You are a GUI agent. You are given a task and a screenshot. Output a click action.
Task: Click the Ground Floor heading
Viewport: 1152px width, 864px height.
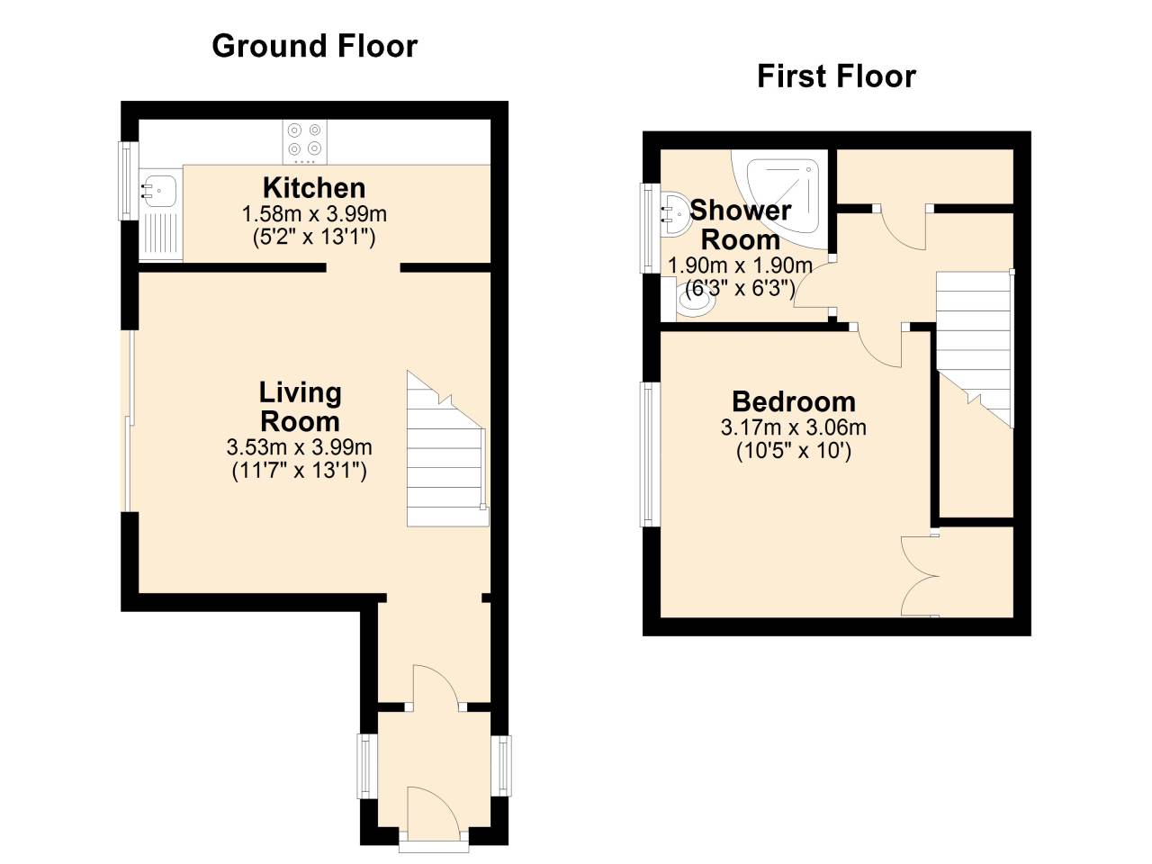click(x=314, y=47)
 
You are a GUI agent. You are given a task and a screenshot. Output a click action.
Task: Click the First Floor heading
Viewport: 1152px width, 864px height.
click(x=837, y=76)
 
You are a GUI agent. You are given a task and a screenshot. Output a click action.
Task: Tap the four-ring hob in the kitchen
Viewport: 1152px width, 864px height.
click(x=305, y=141)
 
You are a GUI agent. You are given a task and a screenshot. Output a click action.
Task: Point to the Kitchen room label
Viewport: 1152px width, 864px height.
click(x=314, y=187)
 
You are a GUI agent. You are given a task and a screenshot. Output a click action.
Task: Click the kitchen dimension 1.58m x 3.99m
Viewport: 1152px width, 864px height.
click(x=314, y=214)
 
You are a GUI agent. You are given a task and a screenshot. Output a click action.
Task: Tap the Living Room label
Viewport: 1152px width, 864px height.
click(x=301, y=407)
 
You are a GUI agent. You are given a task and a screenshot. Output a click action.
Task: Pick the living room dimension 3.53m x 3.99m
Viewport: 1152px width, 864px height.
click(x=299, y=447)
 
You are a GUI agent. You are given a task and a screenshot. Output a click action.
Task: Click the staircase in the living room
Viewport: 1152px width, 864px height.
click(x=447, y=449)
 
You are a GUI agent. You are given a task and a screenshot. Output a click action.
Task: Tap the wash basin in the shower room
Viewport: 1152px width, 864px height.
click(x=674, y=214)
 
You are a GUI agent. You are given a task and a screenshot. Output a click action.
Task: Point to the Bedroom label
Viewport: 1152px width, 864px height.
click(x=794, y=401)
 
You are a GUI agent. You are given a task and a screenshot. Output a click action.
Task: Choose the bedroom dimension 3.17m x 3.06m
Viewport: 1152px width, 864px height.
click(x=794, y=427)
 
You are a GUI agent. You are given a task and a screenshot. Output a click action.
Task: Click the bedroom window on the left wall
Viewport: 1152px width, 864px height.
click(x=650, y=454)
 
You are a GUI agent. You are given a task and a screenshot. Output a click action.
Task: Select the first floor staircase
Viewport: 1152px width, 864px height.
click(x=975, y=349)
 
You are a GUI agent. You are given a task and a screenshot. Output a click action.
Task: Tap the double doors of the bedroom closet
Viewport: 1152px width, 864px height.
click(x=920, y=576)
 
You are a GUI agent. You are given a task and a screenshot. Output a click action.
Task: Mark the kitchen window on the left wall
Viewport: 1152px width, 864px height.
click(x=128, y=181)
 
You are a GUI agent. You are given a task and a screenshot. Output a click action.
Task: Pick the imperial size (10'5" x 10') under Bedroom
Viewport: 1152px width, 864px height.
click(x=794, y=451)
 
